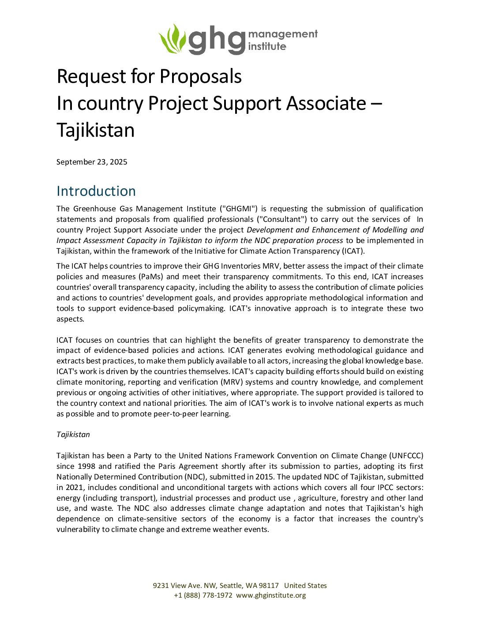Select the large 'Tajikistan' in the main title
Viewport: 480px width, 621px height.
pos(96,130)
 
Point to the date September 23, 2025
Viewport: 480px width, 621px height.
pos(92,162)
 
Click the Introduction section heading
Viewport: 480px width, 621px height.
pos(96,191)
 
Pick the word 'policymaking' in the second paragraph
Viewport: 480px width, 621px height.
pos(201,308)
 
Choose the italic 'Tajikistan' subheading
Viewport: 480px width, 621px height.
pos(73,434)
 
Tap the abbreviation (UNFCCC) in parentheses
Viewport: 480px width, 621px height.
pos(406,456)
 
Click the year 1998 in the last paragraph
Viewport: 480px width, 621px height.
pos(86,466)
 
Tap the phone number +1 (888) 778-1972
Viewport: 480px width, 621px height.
pos(203,595)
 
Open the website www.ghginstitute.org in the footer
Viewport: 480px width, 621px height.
pos(271,595)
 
